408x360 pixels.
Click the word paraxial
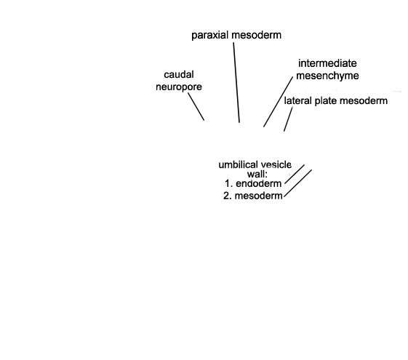(210, 36)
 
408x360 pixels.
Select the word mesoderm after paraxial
(256, 35)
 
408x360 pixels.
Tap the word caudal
(179, 75)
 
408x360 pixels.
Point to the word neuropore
(179, 87)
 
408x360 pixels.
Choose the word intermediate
(327, 63)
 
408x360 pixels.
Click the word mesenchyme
(327, 76)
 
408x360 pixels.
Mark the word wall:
(257, 174)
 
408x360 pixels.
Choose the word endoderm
(259, 184)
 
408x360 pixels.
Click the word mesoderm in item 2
(259, 196)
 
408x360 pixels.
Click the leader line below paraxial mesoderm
(236, 82)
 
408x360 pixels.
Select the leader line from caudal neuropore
(196, 107)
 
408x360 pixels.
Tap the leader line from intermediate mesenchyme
(278, 102)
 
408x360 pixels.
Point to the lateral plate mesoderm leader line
(288, 119)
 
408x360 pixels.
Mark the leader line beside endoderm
(295, 174)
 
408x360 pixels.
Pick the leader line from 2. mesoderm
(297, 183)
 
